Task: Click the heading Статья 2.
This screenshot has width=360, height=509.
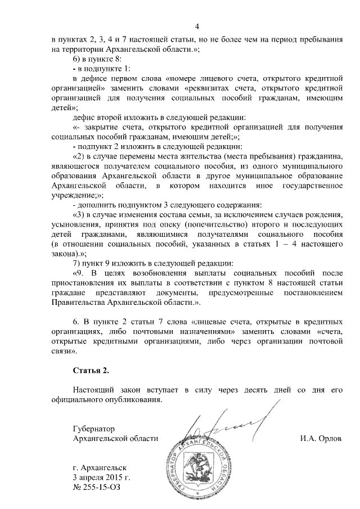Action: coord(91,371)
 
